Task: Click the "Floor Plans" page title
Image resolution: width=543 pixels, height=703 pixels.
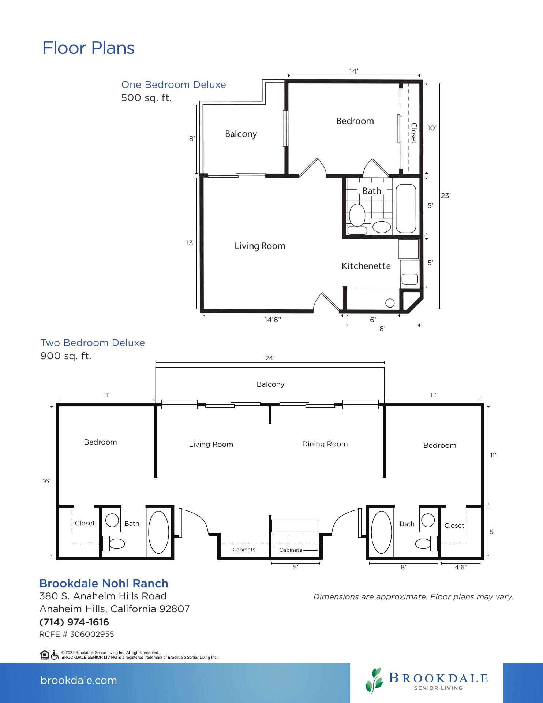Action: [x=89, y=48]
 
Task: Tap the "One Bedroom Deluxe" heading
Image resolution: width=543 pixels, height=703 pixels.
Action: [x=174, y=85]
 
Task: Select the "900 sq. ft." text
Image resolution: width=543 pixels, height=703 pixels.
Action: [x=66, y=356]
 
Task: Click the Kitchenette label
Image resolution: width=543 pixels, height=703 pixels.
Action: [x=366, y=266]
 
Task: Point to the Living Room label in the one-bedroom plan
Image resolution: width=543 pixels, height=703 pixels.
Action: [x=260, y=246]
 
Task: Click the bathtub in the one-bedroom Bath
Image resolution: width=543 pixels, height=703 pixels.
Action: [x=406, y=208]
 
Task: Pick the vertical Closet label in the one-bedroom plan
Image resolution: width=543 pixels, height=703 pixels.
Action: [x=413, y=133]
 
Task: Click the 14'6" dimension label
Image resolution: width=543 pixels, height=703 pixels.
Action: [x=273, y=320]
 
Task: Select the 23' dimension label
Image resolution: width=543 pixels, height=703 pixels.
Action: [x=446, y=196]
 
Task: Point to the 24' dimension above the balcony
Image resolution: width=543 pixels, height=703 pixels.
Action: [x=270, y=358]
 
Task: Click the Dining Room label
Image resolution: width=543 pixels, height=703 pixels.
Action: [x=325, y=444]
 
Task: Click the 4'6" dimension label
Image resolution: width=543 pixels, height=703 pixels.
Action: [x=461, y=567]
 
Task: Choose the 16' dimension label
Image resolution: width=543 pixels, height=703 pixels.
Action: [x=46, y=481]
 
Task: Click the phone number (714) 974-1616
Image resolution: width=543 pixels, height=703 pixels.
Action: [x=74, y=622]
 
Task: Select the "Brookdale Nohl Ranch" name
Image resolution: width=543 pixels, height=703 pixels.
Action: [x=104, y=583]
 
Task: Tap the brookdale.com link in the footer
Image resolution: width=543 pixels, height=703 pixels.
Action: [x=79, y=680]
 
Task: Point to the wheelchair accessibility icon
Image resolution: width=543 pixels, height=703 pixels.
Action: [x=55, y=655]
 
